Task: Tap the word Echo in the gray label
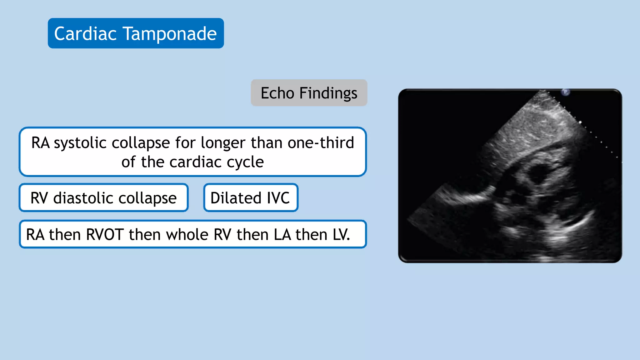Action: click(277, 93)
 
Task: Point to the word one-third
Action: click(321, 143)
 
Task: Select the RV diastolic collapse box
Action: click(103, 198)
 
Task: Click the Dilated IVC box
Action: click(251, 198)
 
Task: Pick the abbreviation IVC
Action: click(278, 198)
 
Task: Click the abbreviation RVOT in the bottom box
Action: click(105, 235)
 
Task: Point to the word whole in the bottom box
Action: click(187, 235)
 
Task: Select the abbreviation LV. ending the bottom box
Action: click(341, 235)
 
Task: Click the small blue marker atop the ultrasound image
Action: click(565, 92)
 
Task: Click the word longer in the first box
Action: click(223, 143)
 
